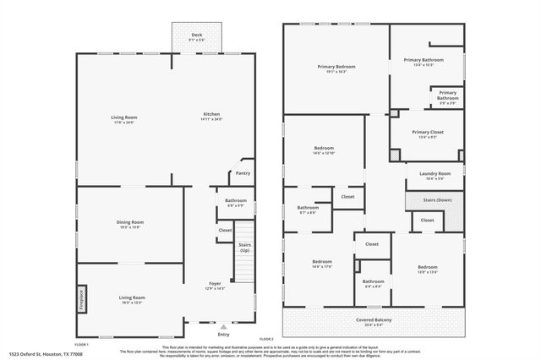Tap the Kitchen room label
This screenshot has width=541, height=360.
coord(211,117)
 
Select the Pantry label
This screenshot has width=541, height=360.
coord(243,173)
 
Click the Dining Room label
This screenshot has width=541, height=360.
coord(130,224)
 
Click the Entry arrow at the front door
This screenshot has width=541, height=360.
coord(223,327)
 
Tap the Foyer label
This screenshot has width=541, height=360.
coord(216,285)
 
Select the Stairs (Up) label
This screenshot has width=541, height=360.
coord(245,248)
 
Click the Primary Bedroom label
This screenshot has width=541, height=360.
coord(336,68)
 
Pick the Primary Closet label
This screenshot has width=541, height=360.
coord(427,134)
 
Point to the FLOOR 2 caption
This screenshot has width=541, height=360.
coord(267,339)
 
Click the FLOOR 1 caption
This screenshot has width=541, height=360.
coord(83,346)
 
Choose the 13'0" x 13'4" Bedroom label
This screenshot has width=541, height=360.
coord(428,269)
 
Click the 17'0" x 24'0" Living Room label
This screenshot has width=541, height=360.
coord(124,119)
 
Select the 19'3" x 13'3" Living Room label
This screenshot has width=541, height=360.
coord(131,299)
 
